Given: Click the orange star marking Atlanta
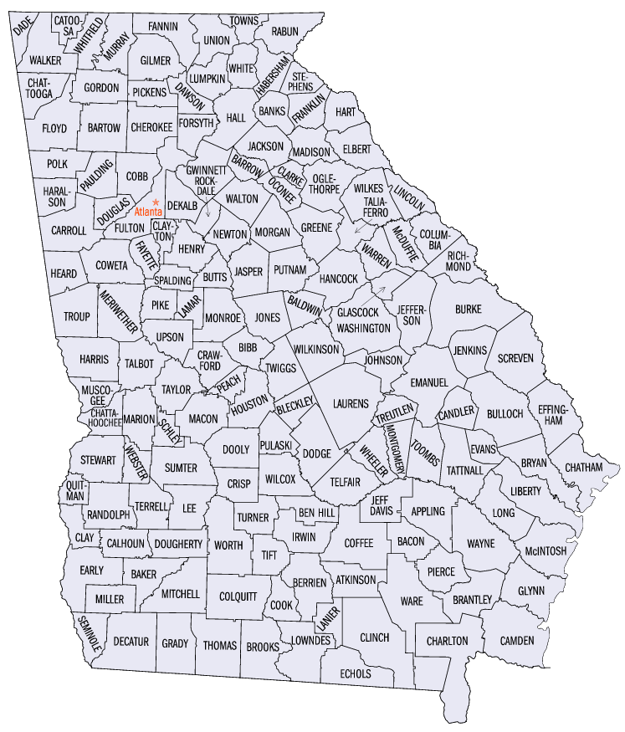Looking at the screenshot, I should click(x=156, y=201).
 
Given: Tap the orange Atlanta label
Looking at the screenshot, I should click(x=149, y=212).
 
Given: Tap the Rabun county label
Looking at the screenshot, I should click(x=284, y=32).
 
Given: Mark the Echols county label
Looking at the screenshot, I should click(x=356, y=673).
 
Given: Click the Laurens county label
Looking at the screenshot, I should click(x=350, y=403).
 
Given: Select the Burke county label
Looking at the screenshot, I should click(x=468, y=310).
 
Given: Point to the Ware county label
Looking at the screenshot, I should click(x=411, y=601).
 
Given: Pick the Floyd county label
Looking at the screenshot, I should click(x=54, y=129).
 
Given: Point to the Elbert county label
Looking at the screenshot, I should click(x=356, y=149).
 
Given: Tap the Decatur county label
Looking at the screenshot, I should click(x=131, y=642).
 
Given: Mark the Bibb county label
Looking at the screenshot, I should click(x=248, y=346).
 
